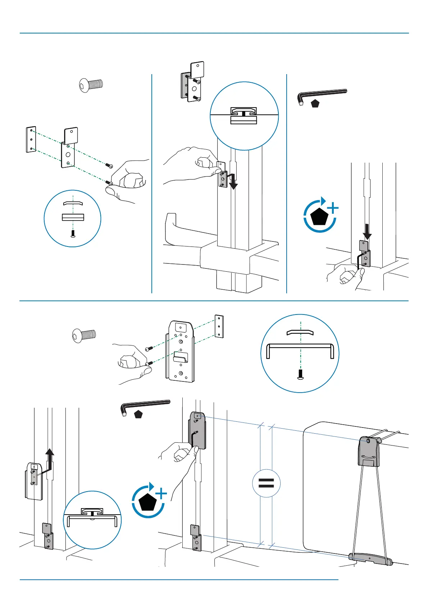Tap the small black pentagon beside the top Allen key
[x=315, y=104]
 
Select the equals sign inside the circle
[x=266, y=483]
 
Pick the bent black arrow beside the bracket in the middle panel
[x=232, y=180]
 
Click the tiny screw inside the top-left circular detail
[x=73, y=234]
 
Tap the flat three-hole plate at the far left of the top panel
[x=31, y=139]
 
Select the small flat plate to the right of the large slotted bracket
[x=219, y=326]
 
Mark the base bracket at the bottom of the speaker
[x=370, y=558]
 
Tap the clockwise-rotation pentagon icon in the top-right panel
[x=320, y=215]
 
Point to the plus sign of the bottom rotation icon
[x=162, y=494]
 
